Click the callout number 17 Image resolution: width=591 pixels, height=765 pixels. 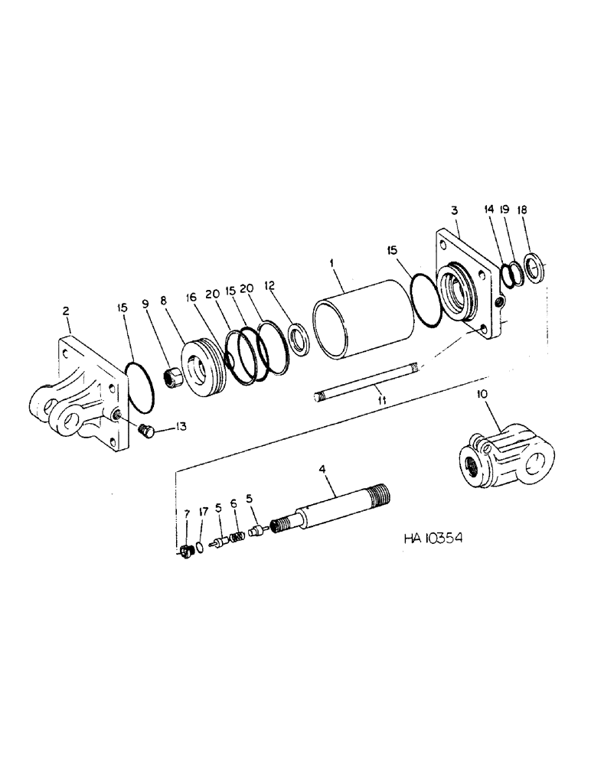[203, 511]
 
